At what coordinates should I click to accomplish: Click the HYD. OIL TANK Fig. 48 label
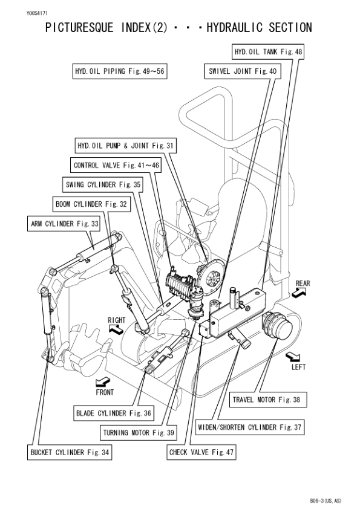tap(268, 51)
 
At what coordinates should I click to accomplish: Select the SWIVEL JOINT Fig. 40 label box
tap(240, 71)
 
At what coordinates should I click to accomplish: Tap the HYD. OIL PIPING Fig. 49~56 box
tap(119, 71)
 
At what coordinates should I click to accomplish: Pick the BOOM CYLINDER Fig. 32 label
tap(91, 204)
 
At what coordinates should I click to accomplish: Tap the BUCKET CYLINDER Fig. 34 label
tap(70, 452)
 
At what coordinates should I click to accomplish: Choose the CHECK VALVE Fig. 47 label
tap(201, 452)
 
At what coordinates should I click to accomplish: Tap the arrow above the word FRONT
tap(103, 381)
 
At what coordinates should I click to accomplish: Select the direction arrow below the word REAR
tap(299, 292)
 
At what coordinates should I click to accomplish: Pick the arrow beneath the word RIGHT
tap(115, 329)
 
